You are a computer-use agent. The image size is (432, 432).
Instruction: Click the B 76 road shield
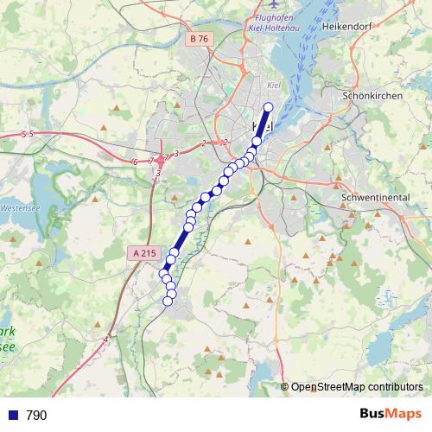pyautogui.click(x=198, y=39)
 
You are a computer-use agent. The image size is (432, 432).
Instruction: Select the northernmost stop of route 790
pyautogui.click(x=268, y=107)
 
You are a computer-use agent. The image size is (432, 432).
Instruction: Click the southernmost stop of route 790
pyautogui.click(x=170, y=302)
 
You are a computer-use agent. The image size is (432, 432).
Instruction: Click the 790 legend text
pyautogui.click(x=36, y=416)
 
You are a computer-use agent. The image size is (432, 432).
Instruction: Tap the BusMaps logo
pyautogui.click(x=391, y=415)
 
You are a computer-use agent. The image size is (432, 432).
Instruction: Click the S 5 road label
pyautogui.click(x=27, y=134)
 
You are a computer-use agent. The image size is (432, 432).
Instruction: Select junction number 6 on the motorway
pyautogui.click(x=136, y=162)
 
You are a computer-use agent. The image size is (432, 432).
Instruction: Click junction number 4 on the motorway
pyautogui.click(x=105, y=340)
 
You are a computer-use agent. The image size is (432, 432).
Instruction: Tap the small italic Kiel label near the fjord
pyautogui.click(x=276, y=85)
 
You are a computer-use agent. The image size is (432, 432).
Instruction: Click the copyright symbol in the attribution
pyautogui.click(x=285, y=386)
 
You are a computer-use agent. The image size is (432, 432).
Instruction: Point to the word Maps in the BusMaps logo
pyautogui.click(x=403, y=415)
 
